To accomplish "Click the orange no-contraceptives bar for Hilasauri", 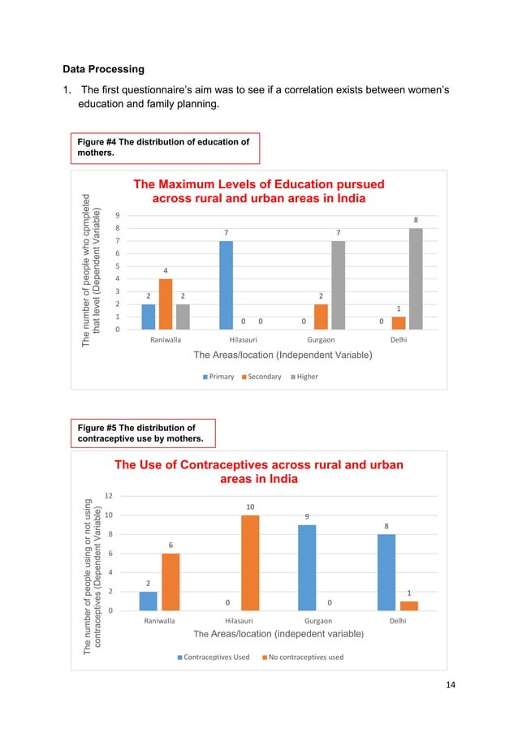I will point(250,563).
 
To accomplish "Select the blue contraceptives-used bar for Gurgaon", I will point(307,567).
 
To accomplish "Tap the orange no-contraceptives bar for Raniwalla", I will point(171,581).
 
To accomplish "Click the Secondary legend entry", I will point(263,377).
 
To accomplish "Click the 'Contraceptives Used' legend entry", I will point(214,657).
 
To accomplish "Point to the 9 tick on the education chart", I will point(119,215).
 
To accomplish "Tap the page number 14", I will point(451,685).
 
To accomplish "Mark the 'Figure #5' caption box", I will point(141,433).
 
